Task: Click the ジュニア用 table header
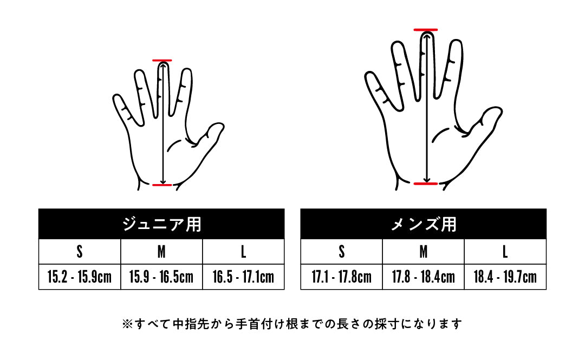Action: point(161,224)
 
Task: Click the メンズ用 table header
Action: point(424,224)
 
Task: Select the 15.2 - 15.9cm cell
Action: point(80,277)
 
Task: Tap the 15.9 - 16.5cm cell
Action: point(161,277)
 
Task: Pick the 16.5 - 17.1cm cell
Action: point(243,277)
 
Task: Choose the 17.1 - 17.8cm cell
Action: point(341,277)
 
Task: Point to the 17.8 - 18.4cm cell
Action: point(424,277)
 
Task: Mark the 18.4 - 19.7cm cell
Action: point(505,277)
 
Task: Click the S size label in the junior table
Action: point(80,252)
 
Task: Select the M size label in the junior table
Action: point(161,252)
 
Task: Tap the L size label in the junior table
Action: point(243,252)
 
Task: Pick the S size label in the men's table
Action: point(341,252)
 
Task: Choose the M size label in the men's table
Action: point(424,252)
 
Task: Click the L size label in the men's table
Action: point(505,252)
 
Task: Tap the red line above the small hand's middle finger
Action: point(162,60)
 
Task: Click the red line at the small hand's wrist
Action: point(162,185)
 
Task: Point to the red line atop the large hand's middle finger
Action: point(426,29)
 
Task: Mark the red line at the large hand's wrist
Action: point(426,184)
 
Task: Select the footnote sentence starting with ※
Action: point(292,323)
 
